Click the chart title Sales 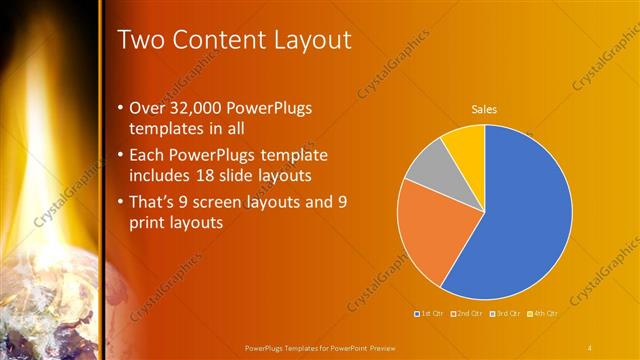pos(484,110)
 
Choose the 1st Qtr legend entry pos(430,314)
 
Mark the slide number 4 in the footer pos(590,347)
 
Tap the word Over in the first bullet pos(149,108)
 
